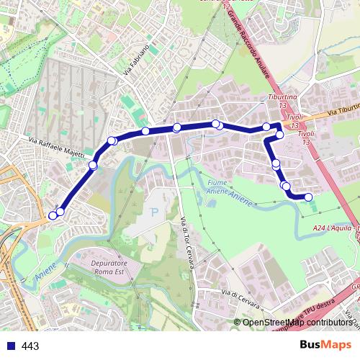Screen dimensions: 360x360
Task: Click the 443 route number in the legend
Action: point(30,346)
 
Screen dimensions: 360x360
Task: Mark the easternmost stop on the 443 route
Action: point(309,197)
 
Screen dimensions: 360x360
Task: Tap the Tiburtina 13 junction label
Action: point(278,99)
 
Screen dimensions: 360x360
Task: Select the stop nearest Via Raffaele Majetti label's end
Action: point(93,166)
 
